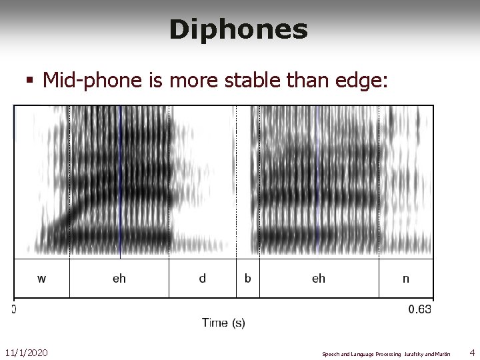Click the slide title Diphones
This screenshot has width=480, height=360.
238,29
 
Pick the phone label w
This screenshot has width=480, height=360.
41,279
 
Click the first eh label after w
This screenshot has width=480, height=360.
119,279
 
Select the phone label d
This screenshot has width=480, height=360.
202,279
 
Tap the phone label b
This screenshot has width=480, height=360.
247,279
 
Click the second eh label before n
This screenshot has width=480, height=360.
319,279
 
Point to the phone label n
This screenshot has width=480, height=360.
406,279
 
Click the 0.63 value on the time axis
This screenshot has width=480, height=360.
420,309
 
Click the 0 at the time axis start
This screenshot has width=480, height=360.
13,309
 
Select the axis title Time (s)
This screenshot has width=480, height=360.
223,323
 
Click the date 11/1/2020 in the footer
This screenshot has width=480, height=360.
27,351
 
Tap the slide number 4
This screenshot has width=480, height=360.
471,351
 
